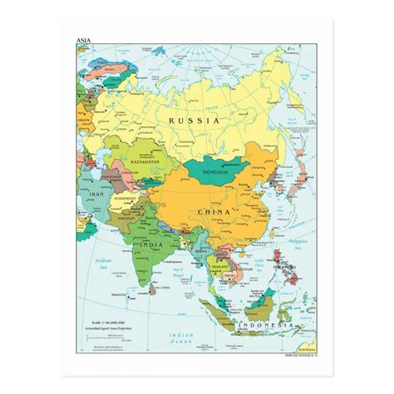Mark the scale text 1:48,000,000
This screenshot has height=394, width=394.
point(116,323)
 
